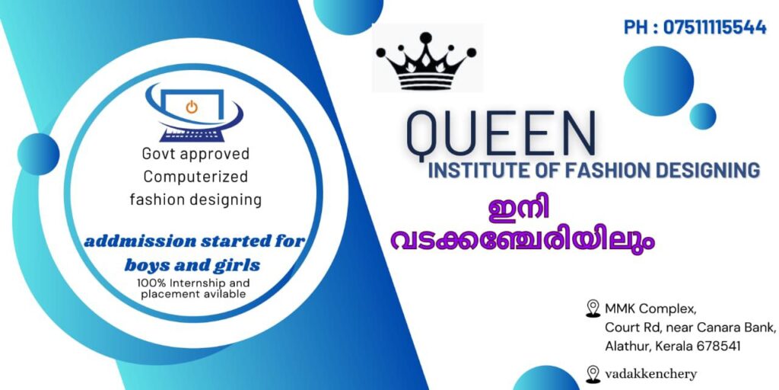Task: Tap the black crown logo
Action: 426,61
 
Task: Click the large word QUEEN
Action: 501,133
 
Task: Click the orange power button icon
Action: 192,107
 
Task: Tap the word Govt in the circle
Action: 159,154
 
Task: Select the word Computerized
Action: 196,177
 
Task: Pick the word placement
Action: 165,294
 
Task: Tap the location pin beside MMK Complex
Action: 593,308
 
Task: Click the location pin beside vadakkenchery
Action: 593,374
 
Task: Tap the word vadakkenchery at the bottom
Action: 651,374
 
